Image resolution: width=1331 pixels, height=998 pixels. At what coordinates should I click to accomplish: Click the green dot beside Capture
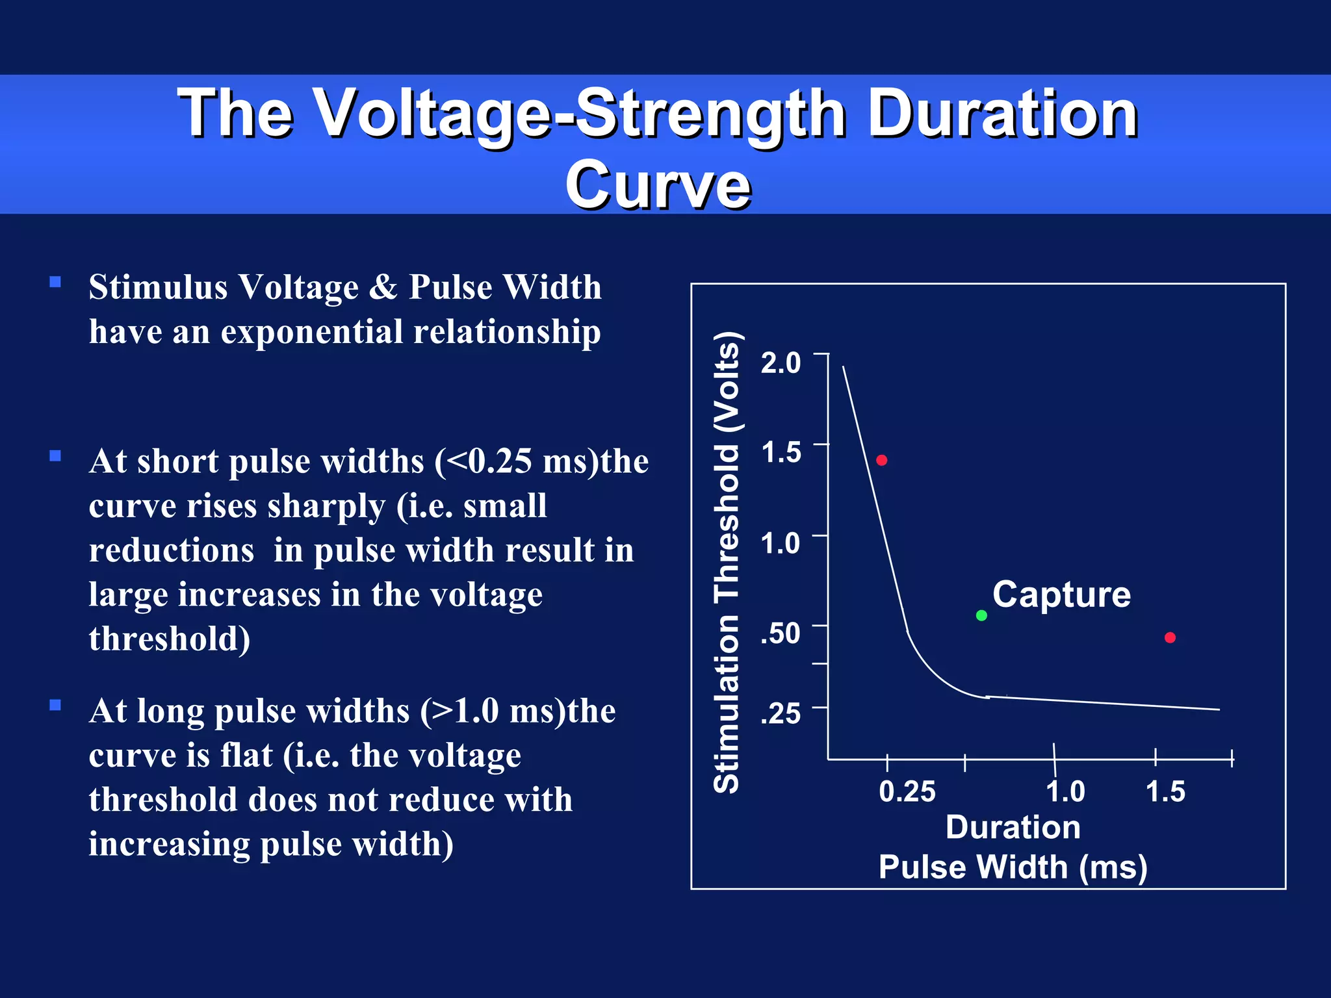[981, 615]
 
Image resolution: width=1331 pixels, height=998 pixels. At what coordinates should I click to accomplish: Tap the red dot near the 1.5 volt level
[882, 460]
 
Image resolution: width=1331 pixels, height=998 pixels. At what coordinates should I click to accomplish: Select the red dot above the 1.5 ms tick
[1170, 637]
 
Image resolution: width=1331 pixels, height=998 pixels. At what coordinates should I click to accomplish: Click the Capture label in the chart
[1061, 595]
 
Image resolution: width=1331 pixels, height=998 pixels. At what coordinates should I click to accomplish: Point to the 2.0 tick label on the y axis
[781, 363]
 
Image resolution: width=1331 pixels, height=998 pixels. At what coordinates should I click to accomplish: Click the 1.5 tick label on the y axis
[781, 452]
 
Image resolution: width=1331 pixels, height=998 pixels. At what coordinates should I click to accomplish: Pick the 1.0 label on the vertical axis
[781, 543]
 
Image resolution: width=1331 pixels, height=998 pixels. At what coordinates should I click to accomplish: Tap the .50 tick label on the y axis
[781, 633]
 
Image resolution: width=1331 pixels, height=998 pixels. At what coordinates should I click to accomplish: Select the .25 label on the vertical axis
[781, 713]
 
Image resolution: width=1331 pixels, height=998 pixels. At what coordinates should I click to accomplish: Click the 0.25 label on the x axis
[907, 791]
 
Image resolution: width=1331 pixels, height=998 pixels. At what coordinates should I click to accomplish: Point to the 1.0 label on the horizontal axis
[1065, 791]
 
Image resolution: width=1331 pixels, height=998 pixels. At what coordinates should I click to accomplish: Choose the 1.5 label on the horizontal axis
[1165, 791]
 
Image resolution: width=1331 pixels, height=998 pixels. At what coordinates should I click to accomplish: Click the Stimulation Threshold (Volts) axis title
[727, 562]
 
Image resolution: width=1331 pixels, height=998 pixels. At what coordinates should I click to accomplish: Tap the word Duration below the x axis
[1013, 827]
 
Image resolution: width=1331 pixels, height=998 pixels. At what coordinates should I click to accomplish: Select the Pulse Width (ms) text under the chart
[1013, 867]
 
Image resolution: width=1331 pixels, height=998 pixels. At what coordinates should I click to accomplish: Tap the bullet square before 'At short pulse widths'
[55, 456]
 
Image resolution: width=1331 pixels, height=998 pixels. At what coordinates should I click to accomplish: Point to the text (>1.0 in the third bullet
[461, 711]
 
